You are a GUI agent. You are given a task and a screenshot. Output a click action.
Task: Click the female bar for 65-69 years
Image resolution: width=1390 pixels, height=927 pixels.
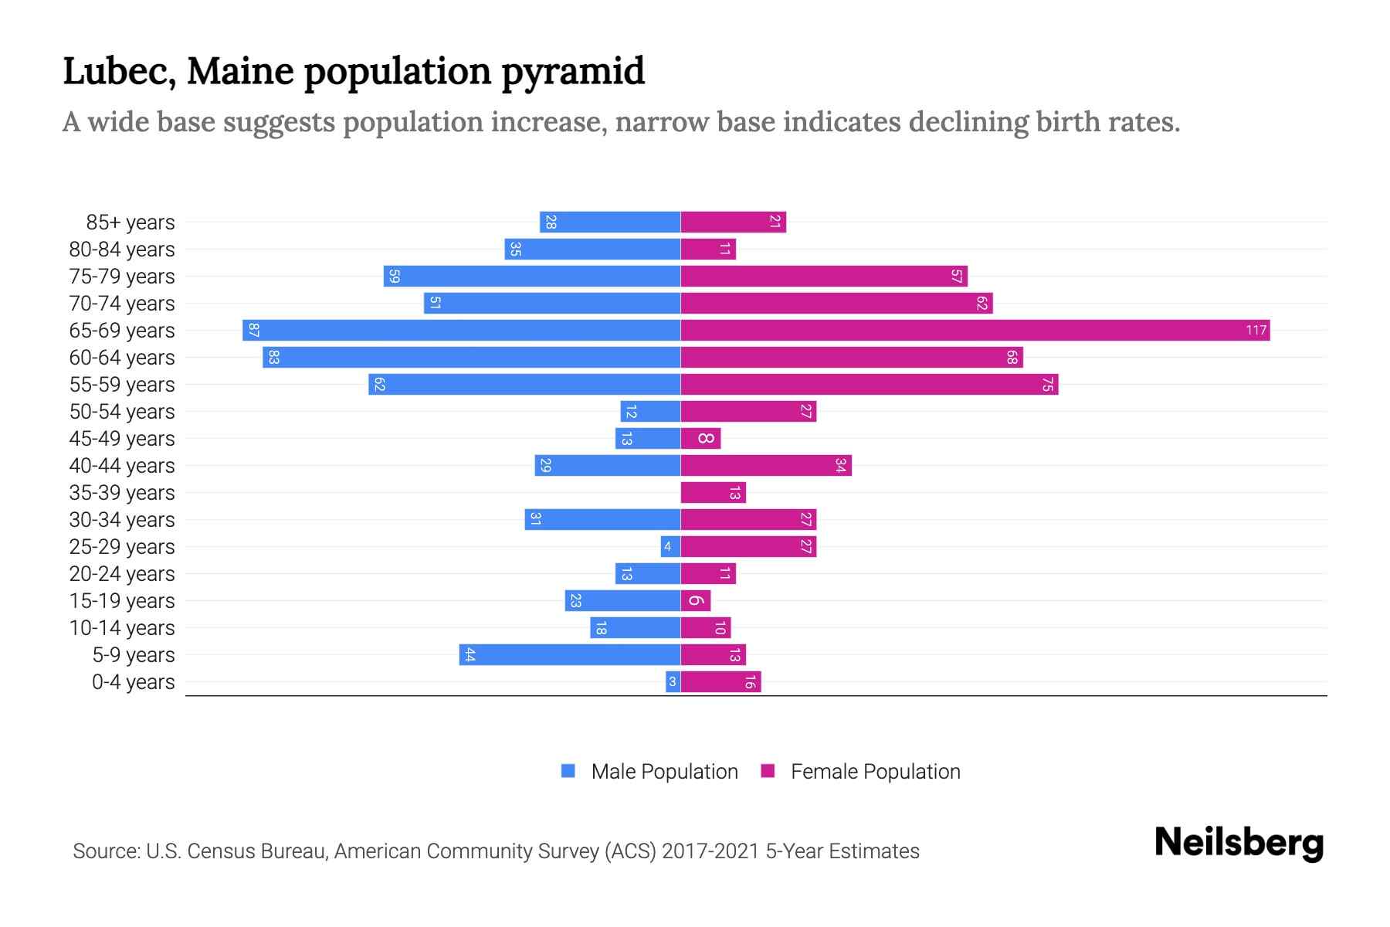975,331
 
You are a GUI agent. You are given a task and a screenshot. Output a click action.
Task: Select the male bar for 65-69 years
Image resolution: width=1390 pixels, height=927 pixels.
461,331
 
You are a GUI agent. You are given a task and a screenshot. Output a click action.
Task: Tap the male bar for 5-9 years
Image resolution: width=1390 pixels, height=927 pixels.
570,655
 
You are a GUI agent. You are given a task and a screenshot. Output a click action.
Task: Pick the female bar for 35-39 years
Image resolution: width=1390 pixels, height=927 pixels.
713,493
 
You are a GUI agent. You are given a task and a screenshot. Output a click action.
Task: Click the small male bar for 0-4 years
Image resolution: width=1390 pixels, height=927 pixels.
673,682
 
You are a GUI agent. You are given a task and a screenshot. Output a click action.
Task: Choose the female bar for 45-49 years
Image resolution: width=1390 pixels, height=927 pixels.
700,439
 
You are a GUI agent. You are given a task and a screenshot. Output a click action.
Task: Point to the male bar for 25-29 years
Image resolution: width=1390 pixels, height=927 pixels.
670,547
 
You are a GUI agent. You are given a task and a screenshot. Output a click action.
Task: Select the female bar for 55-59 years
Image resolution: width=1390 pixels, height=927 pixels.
869,385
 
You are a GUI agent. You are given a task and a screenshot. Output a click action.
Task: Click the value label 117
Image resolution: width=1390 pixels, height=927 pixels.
1256,331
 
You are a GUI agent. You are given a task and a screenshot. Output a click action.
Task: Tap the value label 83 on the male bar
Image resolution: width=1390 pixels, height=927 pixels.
273,358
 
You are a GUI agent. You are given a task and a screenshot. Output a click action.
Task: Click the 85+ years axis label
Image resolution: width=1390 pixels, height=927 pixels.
131,222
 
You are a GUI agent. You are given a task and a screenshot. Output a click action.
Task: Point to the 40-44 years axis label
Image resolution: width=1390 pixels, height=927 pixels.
122,466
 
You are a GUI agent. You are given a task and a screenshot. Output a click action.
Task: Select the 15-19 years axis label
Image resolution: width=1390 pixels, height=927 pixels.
122,601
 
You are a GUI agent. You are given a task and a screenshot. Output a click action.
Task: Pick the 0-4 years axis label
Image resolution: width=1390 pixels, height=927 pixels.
133,682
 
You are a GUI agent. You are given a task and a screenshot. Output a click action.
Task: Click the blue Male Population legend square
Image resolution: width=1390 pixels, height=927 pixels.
568,771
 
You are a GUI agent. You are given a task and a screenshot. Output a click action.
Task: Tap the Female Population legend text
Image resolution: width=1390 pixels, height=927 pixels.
875,772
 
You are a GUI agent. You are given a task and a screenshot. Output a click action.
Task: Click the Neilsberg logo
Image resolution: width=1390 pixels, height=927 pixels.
1239,843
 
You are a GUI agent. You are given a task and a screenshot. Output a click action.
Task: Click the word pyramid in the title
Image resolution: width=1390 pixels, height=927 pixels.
573,72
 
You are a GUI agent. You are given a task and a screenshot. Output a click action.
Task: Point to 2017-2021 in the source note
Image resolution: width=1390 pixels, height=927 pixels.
710,851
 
